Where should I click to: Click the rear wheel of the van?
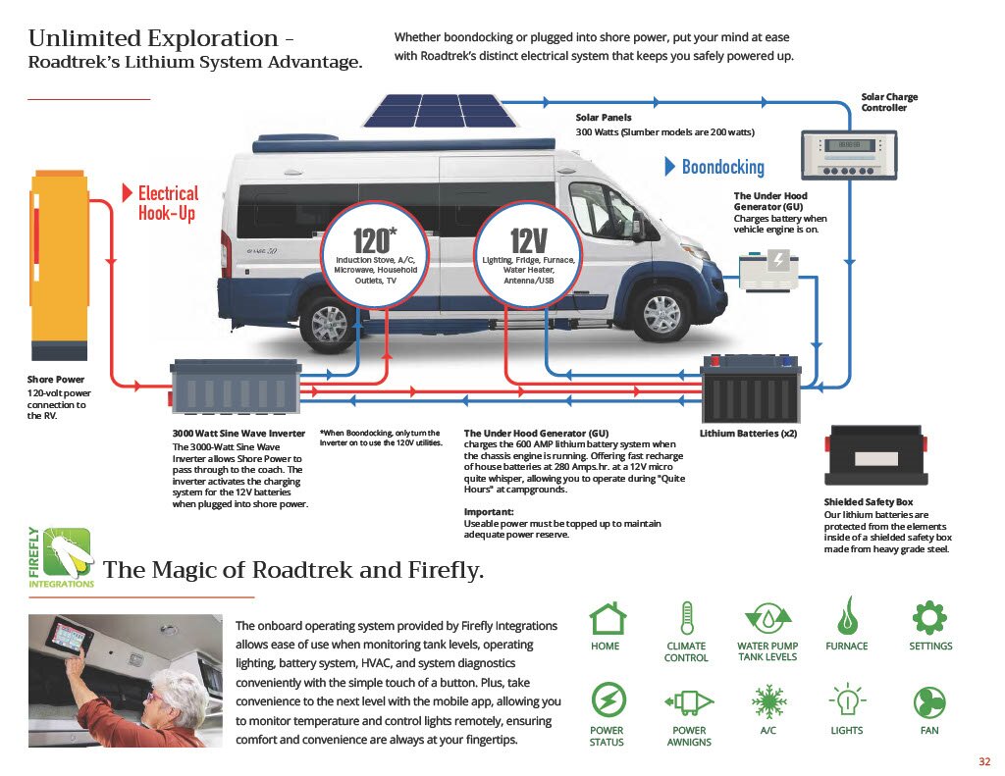(329, 321)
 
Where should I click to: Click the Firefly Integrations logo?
(62, 556)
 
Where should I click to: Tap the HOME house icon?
(607, 620)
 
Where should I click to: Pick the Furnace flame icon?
(846, 618)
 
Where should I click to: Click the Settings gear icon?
(929, 618)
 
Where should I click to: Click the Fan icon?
(929, 702)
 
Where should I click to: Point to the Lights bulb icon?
(846, 702)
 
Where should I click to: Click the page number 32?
(984, 762)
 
